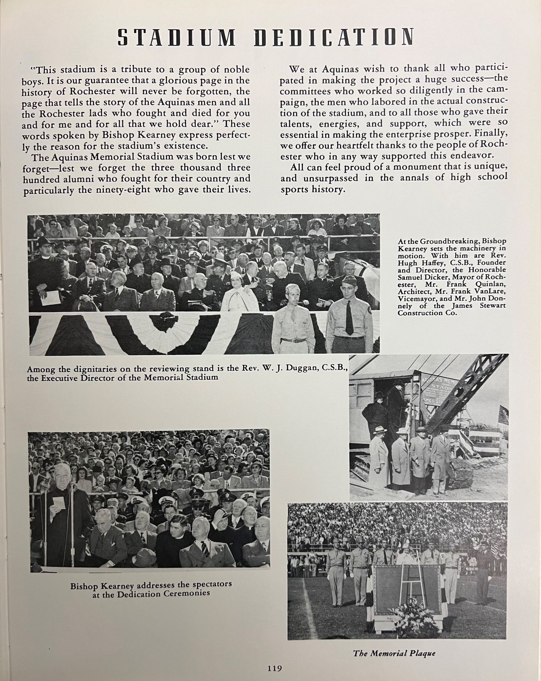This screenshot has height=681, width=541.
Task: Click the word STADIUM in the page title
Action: [x=176, y=37]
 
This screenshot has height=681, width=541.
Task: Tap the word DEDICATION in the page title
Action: [x=334, y=37]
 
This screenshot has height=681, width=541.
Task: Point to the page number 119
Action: [x=274, y=668]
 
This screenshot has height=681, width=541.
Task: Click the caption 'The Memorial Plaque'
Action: [x=394, y=653]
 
